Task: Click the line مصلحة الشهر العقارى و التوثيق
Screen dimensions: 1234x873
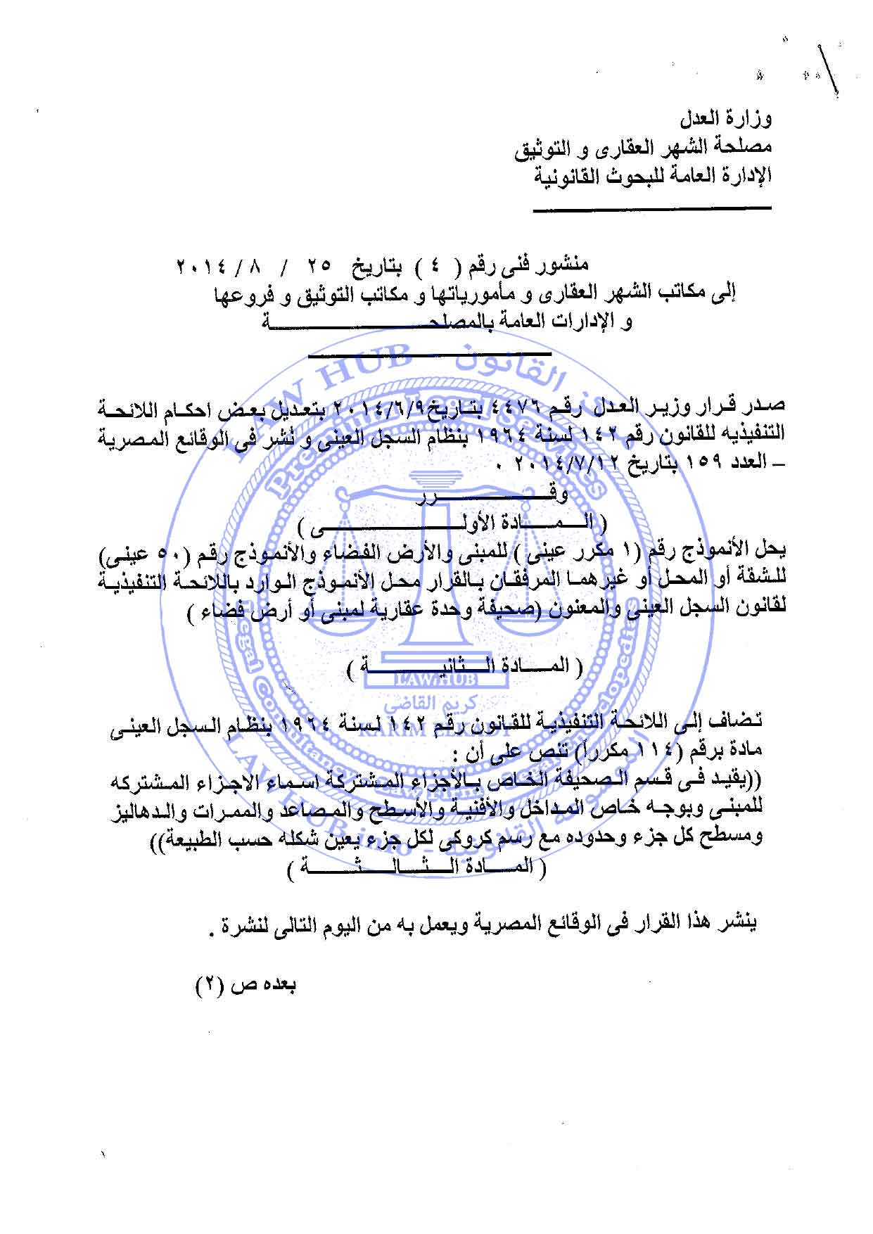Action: [x=644, y=148]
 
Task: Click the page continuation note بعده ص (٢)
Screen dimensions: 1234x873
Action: [x=246, y=984]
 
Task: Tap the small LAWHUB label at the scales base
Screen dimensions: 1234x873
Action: [x=436, y=680]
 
